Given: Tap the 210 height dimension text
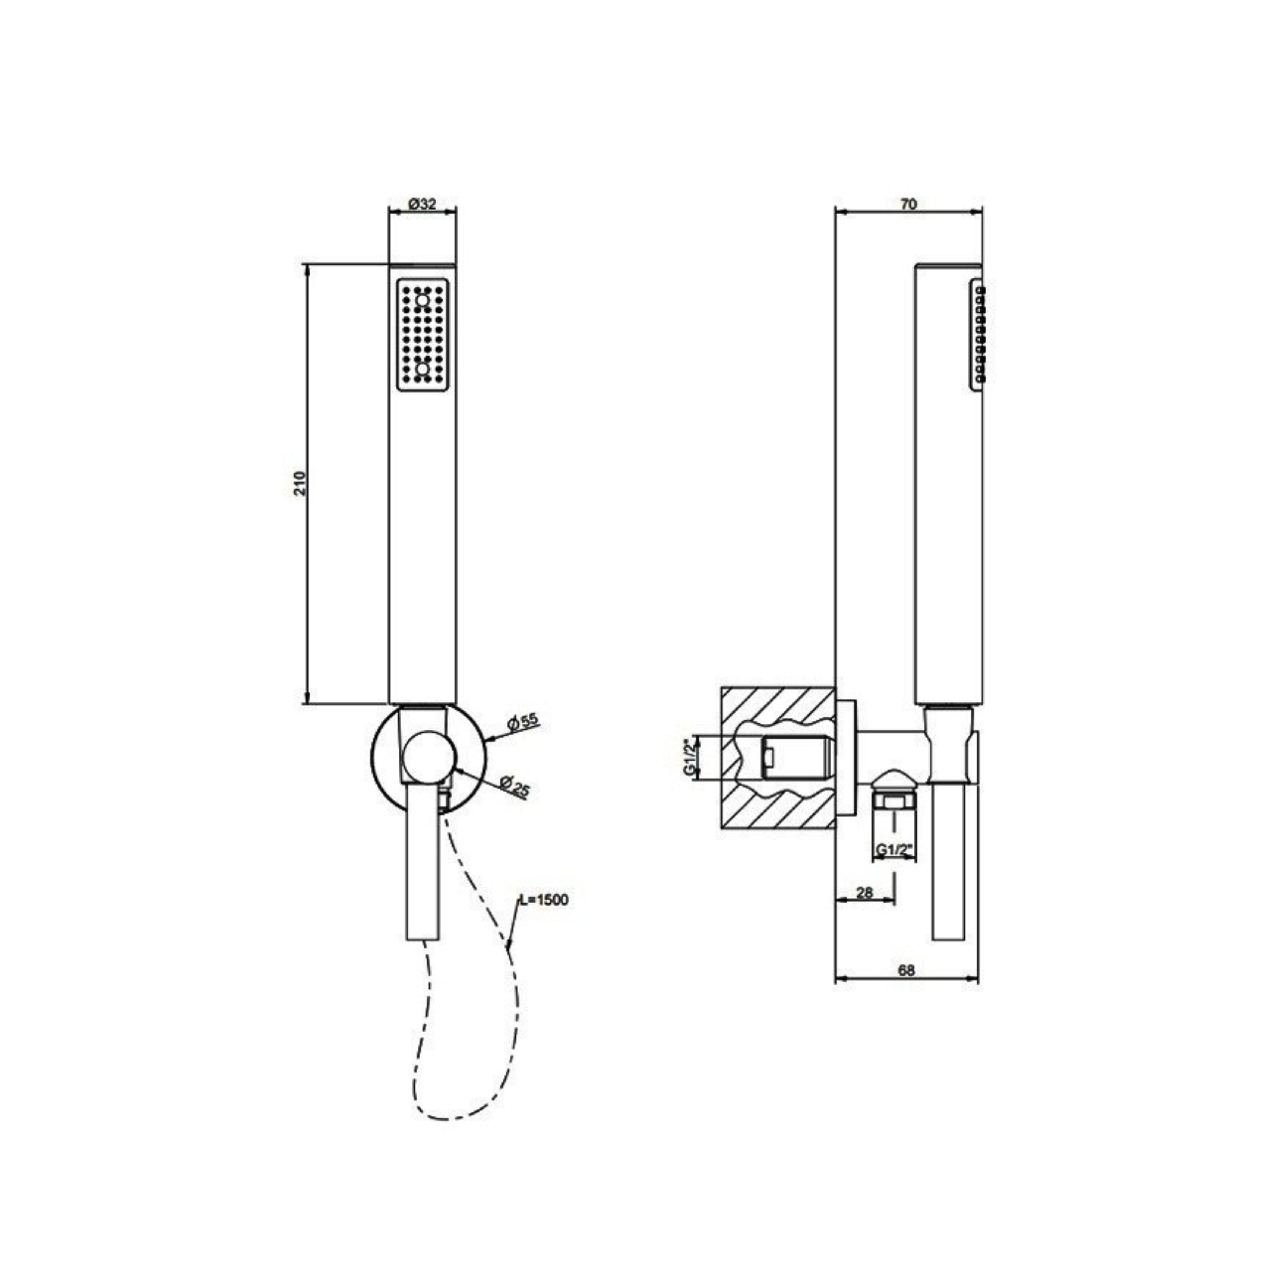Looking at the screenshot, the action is (300, 483).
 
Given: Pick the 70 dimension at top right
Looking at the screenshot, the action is (909, 204).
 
